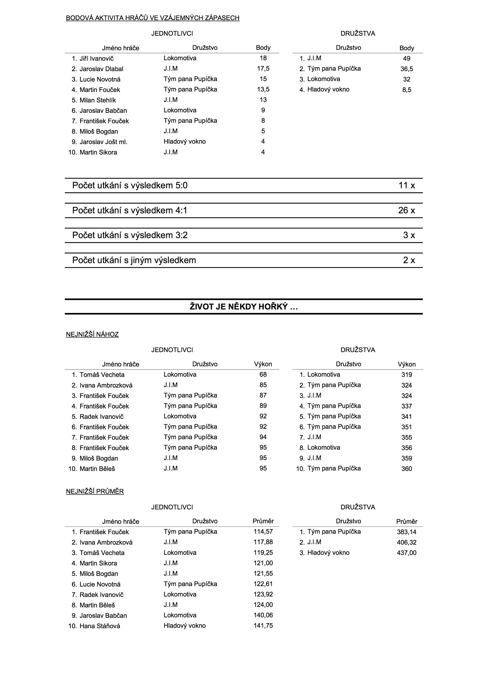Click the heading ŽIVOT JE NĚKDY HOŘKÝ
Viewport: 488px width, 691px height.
[244, 307]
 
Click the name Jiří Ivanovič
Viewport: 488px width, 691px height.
[96, 59]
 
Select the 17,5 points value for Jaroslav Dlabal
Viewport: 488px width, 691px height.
[263, 69]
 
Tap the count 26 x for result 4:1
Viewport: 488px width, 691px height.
[406, 210]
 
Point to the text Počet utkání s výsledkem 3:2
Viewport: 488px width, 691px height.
[130, 235]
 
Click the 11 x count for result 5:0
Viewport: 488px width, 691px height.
[406, 185]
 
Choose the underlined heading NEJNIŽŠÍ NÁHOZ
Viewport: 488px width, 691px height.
[92, 334]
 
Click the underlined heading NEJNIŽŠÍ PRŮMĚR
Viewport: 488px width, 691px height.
[95, 492]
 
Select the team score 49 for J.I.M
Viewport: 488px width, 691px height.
[406, 59]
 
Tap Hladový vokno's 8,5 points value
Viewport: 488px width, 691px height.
[406, 90]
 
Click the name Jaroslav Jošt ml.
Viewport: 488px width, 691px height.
[103, 142]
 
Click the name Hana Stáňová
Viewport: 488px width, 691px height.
[100, 626]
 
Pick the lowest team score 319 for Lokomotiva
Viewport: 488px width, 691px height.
[406, 375]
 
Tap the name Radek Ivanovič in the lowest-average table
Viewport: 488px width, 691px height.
[101, 594]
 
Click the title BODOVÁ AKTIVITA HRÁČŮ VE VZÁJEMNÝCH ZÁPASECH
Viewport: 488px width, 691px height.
[153, 18]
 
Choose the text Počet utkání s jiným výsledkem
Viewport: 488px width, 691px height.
[134, 260]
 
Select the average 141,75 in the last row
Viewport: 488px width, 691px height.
[263, 625]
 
